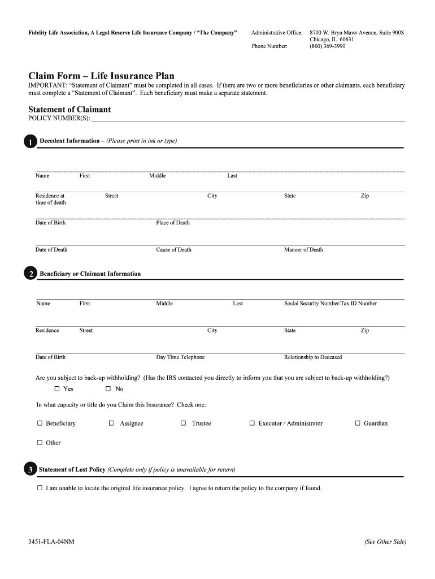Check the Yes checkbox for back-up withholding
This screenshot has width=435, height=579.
pos(57,389)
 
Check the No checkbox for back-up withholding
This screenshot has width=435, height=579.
pos(108,389)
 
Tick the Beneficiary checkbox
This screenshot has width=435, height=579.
pos(40,423)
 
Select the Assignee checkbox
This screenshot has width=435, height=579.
pos(111,423)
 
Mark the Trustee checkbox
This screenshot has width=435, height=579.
pos(184,423)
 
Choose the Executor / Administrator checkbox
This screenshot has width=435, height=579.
pos(252,423)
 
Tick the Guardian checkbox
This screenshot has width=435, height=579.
pos(358,423)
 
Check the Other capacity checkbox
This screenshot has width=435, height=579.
pos(40,443)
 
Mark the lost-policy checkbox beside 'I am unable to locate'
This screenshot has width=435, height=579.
pos(40,488)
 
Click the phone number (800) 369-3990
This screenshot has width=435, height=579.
pos(327,46)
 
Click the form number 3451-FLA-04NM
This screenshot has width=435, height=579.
pos(51,542)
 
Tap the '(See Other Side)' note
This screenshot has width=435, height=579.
pos(385,542)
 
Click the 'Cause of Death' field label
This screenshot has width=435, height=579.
pos(173,250)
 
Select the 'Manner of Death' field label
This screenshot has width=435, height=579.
pos(303,250)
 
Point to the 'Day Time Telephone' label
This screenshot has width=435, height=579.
pos(180,357)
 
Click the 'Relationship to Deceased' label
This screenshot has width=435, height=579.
pos(313,357)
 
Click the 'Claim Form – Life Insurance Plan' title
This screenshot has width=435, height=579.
pos(102,76)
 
